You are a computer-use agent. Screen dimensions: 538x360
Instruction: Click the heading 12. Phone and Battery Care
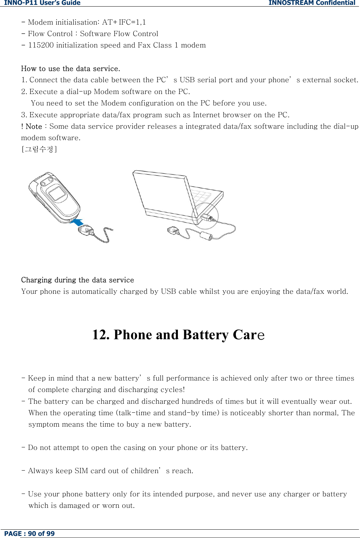pyautogui.click(x=178, y=335)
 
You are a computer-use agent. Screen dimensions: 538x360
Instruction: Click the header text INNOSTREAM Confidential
pyautogui.click(x=311, y=3)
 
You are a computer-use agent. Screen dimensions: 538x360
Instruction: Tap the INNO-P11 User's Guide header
pyautogui.click(x=42, y=3)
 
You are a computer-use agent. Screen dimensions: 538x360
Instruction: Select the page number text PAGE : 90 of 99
pyautogui.click(x=29, y=533)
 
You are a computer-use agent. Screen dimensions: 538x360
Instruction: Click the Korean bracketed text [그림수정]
pyautogui.click(x=39, y=149)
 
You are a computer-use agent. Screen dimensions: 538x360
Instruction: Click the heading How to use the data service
pyautogui.click(x=70, y=69)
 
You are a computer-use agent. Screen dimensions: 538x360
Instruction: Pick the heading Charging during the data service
pyautogui.click(x=77, y=280)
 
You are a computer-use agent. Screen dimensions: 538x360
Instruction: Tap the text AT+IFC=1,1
pyautogui.click(x=124, y=22)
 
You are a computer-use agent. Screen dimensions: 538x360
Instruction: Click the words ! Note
pyautogui.click(x=32, y=127)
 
